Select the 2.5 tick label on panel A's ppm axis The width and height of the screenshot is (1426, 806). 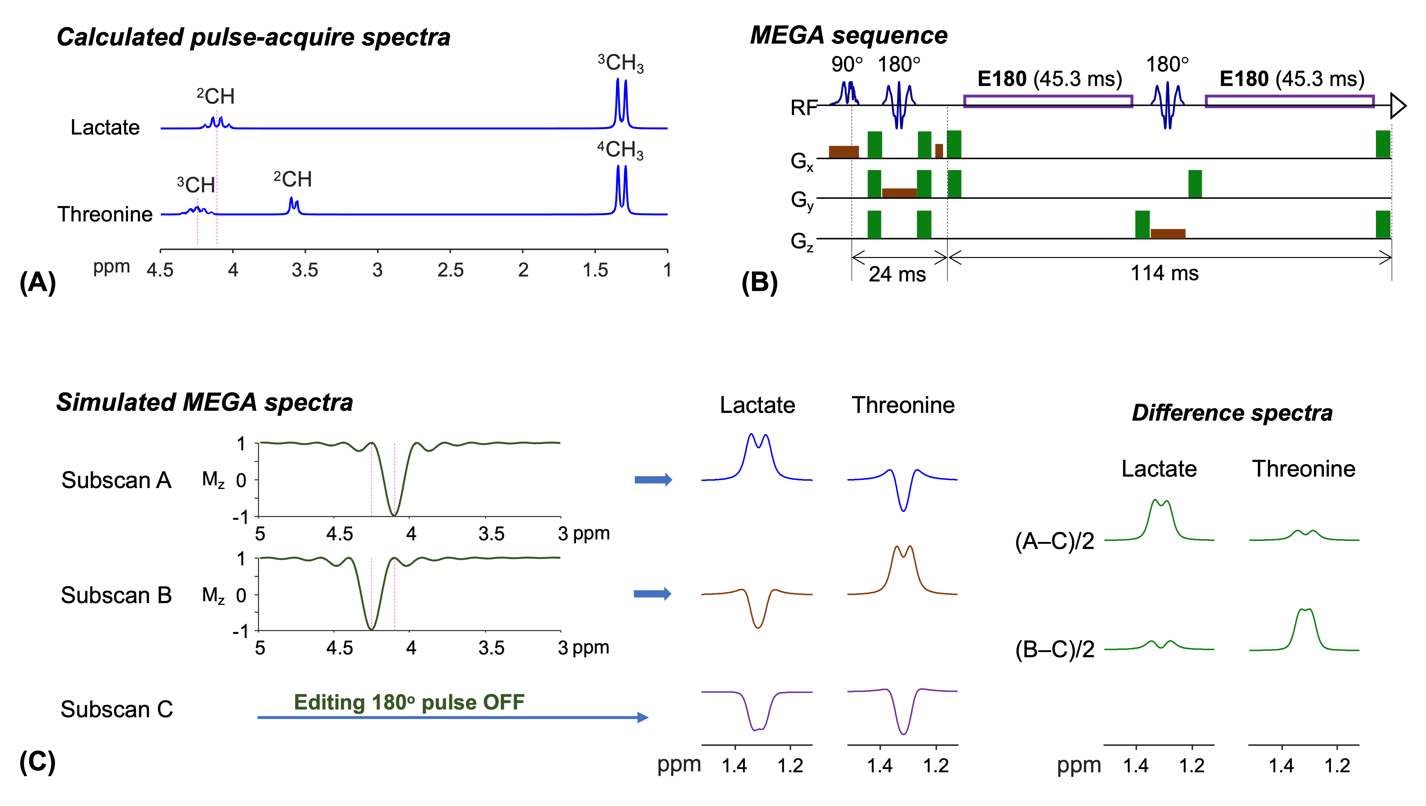click(450, 270)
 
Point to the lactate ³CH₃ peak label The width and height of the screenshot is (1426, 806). click(621, 63)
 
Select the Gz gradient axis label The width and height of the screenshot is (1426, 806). click(801, 241)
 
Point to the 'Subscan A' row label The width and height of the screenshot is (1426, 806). click(116, 480)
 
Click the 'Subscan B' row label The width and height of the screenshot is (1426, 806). click(116, 595)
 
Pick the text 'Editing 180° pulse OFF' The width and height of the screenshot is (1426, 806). click(409, 702)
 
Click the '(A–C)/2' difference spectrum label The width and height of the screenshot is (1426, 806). click(1055, 541)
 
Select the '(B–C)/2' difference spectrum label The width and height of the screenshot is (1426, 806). click(1055, 649)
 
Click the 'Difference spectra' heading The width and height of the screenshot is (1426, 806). click(1232, 413)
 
